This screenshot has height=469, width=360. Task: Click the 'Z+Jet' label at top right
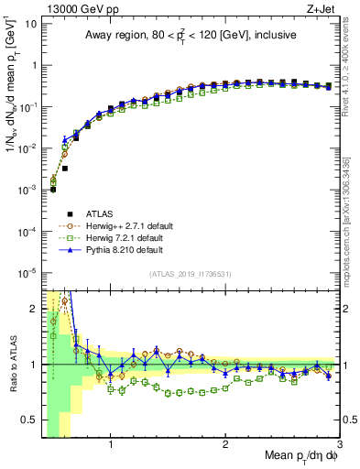pos(323,8)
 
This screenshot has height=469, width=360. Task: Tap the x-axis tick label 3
pos(339,444)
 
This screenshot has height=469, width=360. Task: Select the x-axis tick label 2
pos(225,444)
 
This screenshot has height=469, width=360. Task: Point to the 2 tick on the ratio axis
pos(33,307)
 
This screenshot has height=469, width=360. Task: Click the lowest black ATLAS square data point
pos(53,190)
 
